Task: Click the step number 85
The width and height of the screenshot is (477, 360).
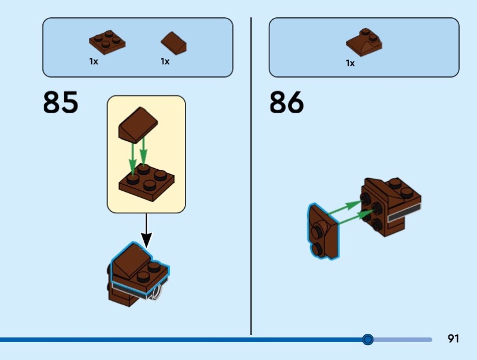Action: [61, 102]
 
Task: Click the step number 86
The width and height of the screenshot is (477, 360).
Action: [287, 102]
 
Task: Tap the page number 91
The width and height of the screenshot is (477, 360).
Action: [453, 339]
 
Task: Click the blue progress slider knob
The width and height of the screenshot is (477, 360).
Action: [368, 339]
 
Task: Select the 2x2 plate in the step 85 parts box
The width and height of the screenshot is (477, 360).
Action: [107, 42]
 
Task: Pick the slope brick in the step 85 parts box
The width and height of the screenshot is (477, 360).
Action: [174, 43]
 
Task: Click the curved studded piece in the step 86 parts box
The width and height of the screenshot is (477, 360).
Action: [364, 42]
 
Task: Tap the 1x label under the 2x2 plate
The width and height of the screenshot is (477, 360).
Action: [94, 61]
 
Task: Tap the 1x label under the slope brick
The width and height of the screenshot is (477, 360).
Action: [165, 61]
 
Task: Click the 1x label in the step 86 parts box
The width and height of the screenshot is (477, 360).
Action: [350, 63]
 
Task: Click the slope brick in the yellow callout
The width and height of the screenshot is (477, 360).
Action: [138, 125]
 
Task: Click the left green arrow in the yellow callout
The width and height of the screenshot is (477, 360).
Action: [132, 159]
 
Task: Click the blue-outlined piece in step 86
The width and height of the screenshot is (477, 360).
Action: [323, 232]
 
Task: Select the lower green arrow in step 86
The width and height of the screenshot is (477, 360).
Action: [356, 217]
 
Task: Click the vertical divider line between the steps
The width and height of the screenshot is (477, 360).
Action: [251, 176]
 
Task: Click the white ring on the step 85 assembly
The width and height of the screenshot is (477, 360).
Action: [157, 293]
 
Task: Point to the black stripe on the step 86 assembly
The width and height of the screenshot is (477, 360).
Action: [404, 213]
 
